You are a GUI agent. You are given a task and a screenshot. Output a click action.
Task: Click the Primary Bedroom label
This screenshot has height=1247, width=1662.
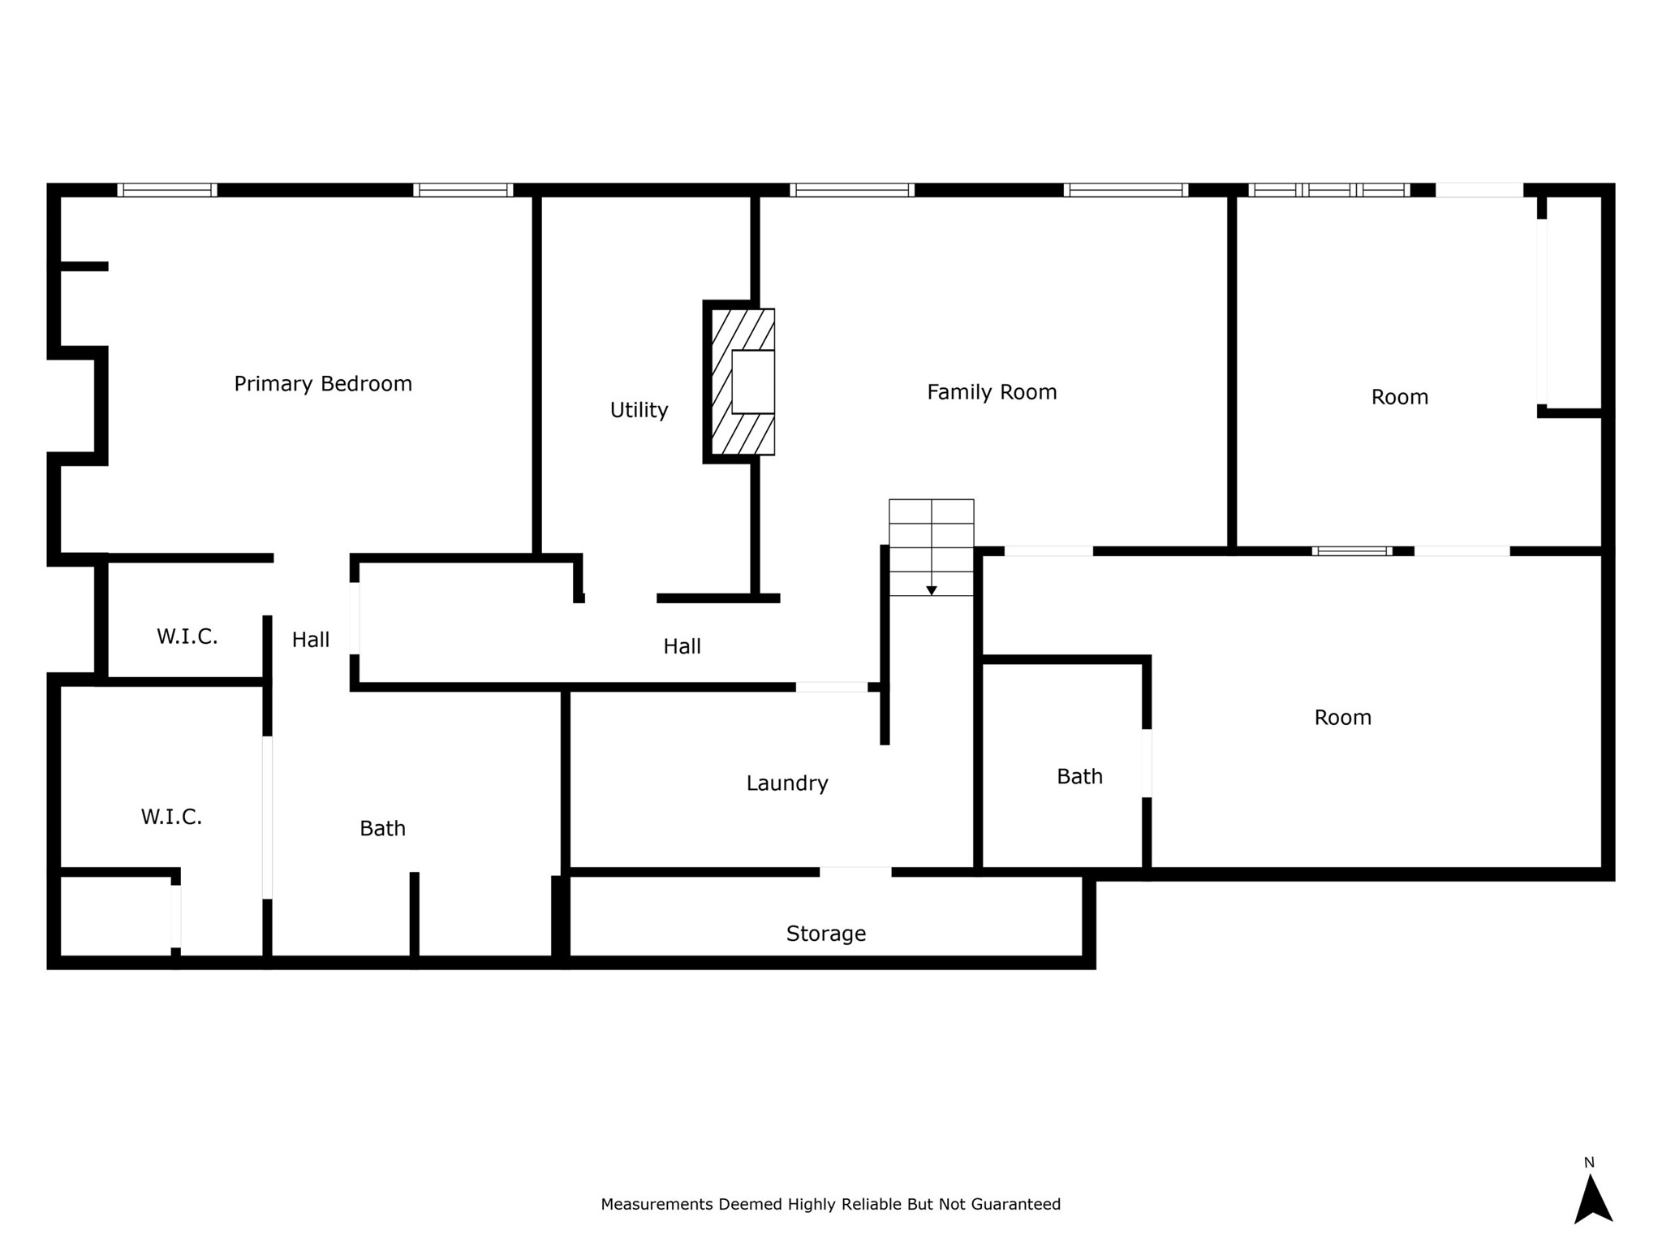click(323, 384)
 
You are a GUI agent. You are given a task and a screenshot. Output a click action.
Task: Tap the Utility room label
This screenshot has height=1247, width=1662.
click(639, 410)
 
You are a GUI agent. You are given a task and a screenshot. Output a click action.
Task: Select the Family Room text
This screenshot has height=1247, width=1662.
click(992, 393)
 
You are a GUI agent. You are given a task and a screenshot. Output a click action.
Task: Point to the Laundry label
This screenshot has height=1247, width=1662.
click(787, 783)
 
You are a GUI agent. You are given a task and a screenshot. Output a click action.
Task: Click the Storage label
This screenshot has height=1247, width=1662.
click(826, 934)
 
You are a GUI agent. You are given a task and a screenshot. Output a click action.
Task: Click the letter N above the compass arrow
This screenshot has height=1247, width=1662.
click(1589, 1163)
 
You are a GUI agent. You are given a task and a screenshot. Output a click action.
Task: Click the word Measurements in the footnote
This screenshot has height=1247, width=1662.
click(657, 1205)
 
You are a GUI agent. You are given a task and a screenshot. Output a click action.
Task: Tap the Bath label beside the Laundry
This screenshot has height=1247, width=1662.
click(382, 829)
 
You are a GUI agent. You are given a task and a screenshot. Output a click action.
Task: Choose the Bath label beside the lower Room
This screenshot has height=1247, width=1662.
click(1079, 777)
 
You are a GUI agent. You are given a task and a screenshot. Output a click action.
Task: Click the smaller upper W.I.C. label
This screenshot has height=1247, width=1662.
click(187, 637)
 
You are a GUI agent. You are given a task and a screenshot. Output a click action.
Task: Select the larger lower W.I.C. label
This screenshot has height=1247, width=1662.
click(171, 817)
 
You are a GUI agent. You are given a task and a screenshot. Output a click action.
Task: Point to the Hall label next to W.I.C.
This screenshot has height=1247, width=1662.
click(311, 641)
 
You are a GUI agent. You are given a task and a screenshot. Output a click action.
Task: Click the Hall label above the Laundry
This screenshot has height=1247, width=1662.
click(682, 647)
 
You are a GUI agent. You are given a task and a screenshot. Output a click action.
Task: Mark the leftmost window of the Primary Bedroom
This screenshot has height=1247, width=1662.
click(167, 190)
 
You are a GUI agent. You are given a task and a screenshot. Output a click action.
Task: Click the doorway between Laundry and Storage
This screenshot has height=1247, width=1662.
click(855, 872)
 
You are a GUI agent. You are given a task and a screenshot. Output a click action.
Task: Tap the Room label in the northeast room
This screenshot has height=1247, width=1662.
click(1399, 398)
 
